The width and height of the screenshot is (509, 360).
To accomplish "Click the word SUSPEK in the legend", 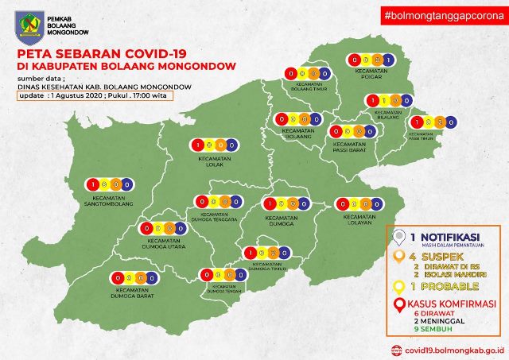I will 444,257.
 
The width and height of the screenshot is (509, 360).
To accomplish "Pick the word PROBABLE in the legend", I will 449,286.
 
